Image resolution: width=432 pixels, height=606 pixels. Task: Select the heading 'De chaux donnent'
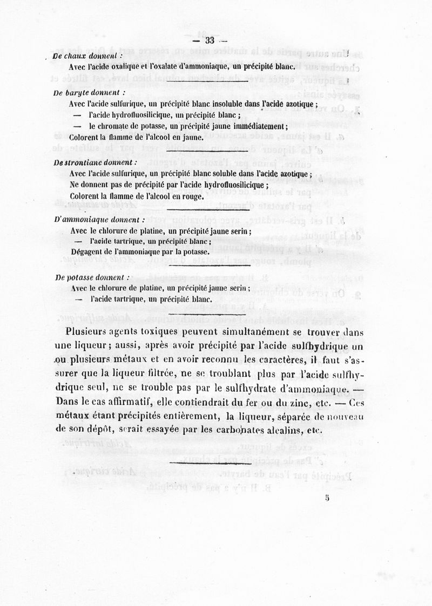click(88, 56)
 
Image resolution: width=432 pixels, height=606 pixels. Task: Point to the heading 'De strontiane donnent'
click(96, 162)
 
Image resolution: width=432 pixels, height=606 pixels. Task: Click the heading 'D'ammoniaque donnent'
click(99, 220)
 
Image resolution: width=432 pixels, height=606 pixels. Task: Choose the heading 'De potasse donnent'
click(92, 277)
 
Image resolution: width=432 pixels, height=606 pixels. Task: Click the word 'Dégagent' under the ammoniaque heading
click(89, 251)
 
